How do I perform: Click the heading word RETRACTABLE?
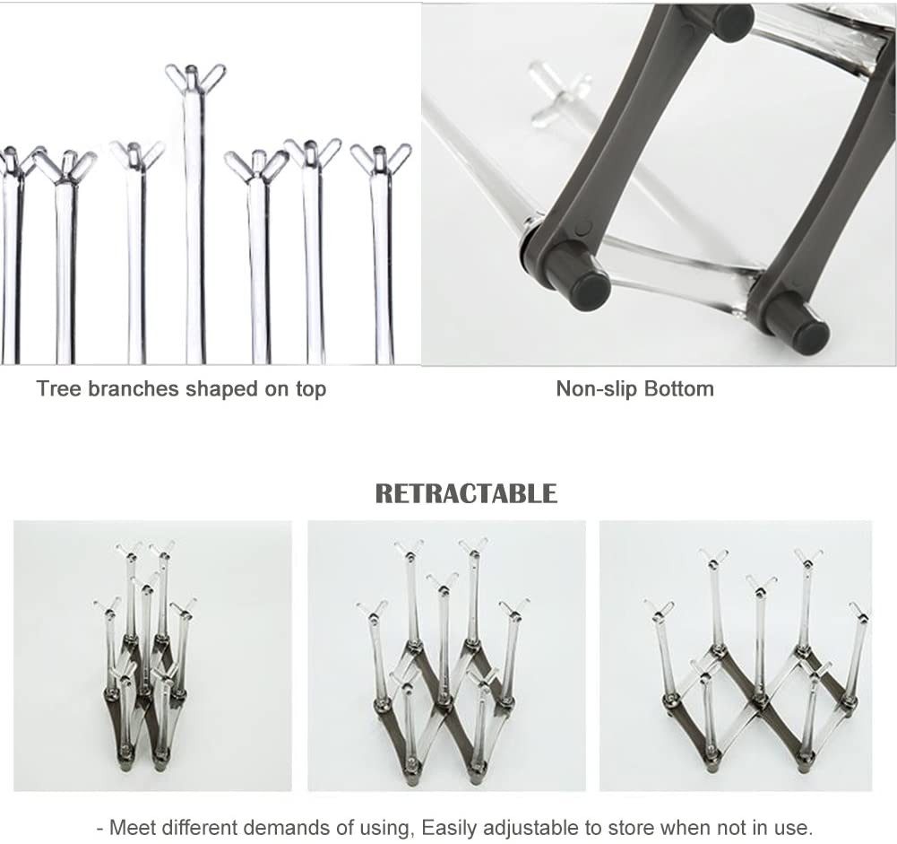coord(466,493)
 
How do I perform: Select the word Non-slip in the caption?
coord(597,388)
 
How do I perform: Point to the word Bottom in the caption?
coord(679,388)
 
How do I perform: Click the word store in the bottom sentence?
coord(632,827)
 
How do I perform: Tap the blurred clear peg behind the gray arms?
coord(557,92)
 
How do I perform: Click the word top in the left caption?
coord(311,390)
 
